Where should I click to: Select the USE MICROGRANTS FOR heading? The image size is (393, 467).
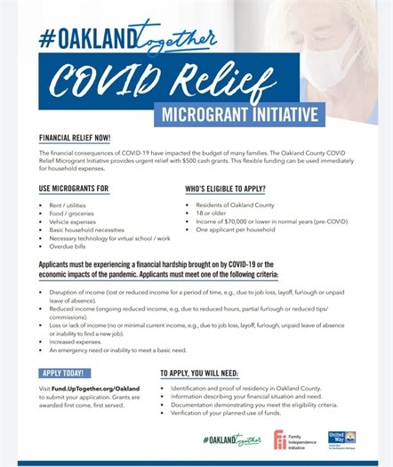(x=74, y=189)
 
